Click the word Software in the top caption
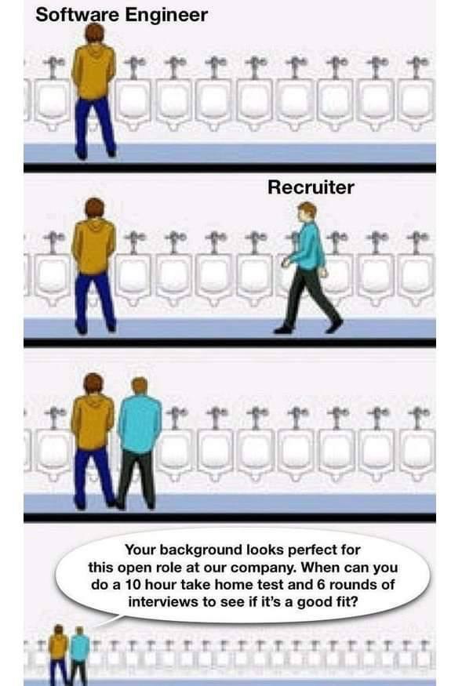(77, 15)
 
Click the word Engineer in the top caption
(166, 16)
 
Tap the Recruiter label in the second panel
(311, 187)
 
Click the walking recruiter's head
(307, 212)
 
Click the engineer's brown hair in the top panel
(95, 33)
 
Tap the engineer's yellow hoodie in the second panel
(93, 246)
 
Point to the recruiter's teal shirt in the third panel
(140, 423)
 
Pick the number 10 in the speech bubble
(133, 585)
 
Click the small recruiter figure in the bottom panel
(78, 655)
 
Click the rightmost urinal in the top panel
(416, 103)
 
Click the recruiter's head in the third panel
(140, 387)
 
